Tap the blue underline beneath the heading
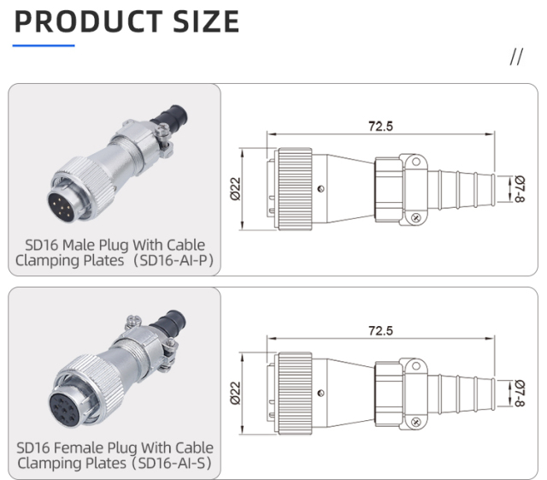pos(44,44)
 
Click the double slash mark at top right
pos(515,57)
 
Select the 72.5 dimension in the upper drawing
pos(380,126)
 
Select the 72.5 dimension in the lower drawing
pos(380,330)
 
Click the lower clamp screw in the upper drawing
pos(415,217)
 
